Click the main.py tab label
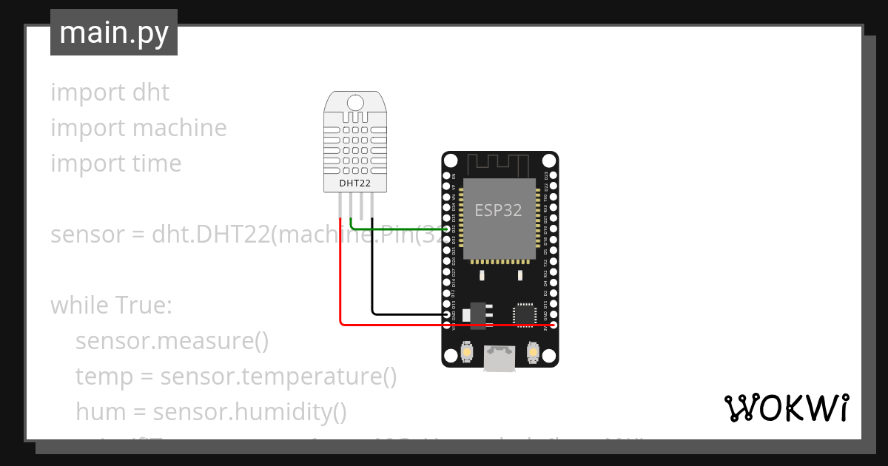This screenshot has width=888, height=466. point(113,33)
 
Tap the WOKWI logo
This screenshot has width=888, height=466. point(785,408)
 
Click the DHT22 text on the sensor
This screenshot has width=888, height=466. point(354,183)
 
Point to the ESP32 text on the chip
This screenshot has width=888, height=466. point(498,210)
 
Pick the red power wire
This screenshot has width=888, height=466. point(341,281)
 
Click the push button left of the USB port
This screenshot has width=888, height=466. point(468,352)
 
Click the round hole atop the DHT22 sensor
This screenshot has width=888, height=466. point(355,103)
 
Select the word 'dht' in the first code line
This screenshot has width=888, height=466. point(151,92)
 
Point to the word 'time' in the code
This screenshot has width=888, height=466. point(156,163)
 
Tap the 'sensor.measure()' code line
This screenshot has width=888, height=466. point(172,341)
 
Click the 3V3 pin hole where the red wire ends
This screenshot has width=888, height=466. point(553,325)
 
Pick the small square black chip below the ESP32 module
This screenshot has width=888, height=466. point(525,314)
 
